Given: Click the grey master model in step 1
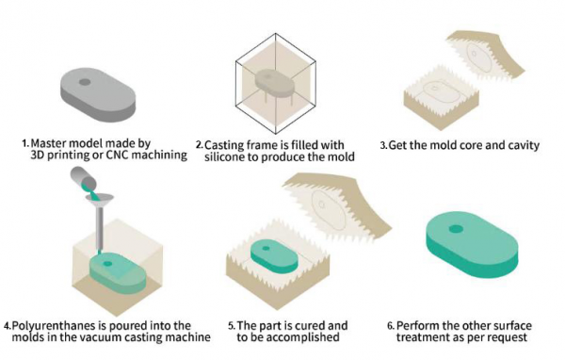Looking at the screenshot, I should [99, 93].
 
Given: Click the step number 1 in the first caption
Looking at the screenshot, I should [25, 143].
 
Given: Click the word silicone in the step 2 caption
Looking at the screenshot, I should [243, 155].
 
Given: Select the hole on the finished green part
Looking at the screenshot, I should [458, 229].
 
